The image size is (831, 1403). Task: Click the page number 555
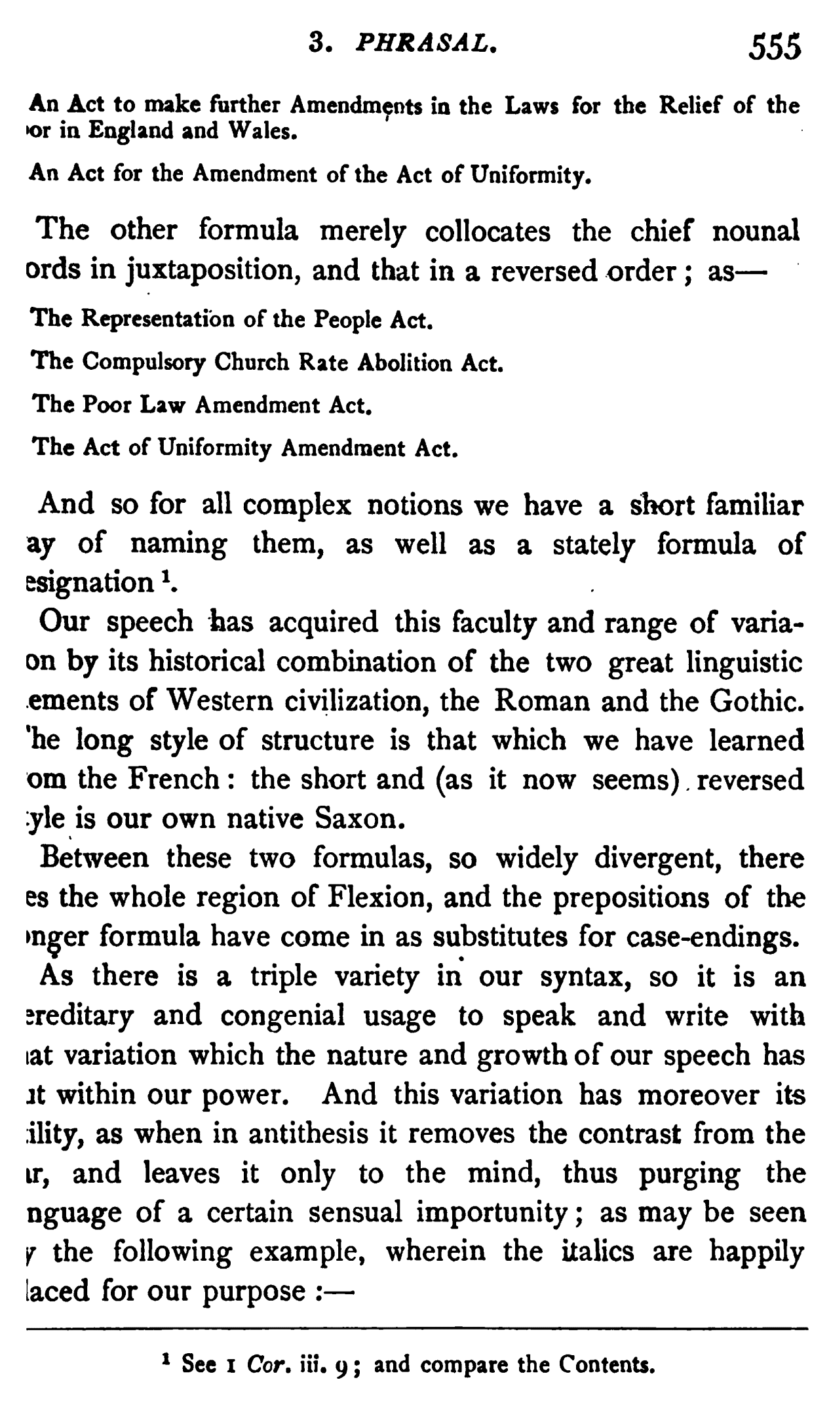pos(776,49)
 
